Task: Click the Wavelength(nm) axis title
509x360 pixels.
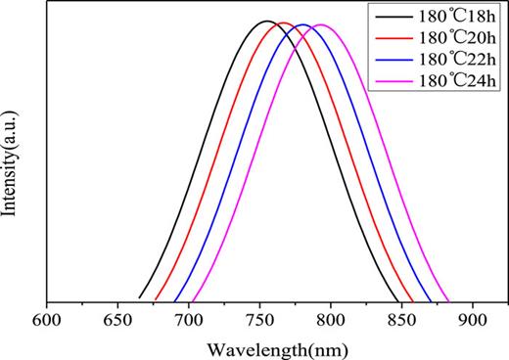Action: click(x=270, y=346)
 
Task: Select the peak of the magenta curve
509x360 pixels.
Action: click(x=320, y=24)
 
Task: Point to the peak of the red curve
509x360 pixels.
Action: click(x=283, y=22)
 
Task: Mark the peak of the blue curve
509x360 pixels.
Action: click(x=302, y=24)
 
